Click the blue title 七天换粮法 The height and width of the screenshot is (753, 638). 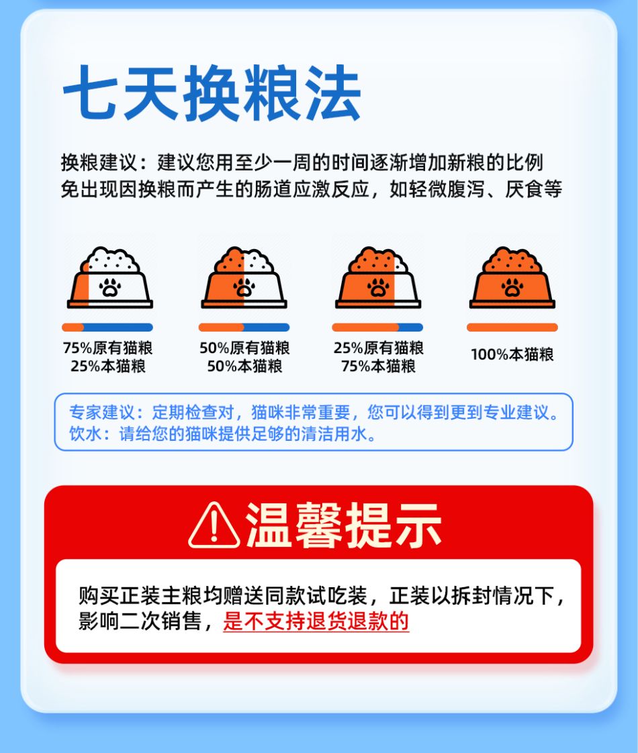click(212, 93)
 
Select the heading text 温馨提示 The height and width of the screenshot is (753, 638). click(343, 525)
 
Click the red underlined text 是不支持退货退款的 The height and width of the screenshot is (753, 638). click(316, 621)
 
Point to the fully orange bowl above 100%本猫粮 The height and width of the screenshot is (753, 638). click(512, 277)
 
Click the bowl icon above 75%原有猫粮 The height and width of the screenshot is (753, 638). click(110, 277)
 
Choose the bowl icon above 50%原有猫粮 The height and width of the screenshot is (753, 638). click(244, 277)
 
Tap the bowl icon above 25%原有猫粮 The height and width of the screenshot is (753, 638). click(378, 277)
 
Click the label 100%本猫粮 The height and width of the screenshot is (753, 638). click(512, 354)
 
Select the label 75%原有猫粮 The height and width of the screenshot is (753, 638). click(107, 347)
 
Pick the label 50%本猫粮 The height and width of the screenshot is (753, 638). click(244, 366)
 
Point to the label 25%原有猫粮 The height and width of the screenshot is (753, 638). click(379, 347)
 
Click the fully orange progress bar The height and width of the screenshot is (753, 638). click(512, 328)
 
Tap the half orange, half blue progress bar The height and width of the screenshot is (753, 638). click(244, 328)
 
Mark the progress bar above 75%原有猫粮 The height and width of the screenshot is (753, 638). click(107, 328)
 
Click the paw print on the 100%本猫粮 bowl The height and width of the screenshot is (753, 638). click(512, 287)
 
